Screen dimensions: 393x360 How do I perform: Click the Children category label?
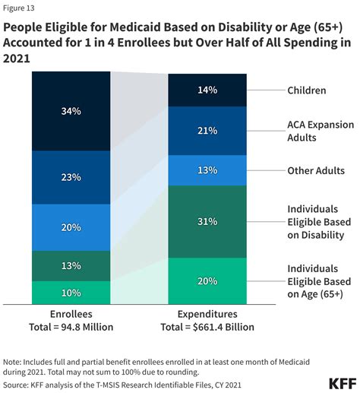tap(307, 90)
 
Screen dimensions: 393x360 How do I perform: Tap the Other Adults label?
tap(316, 171)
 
